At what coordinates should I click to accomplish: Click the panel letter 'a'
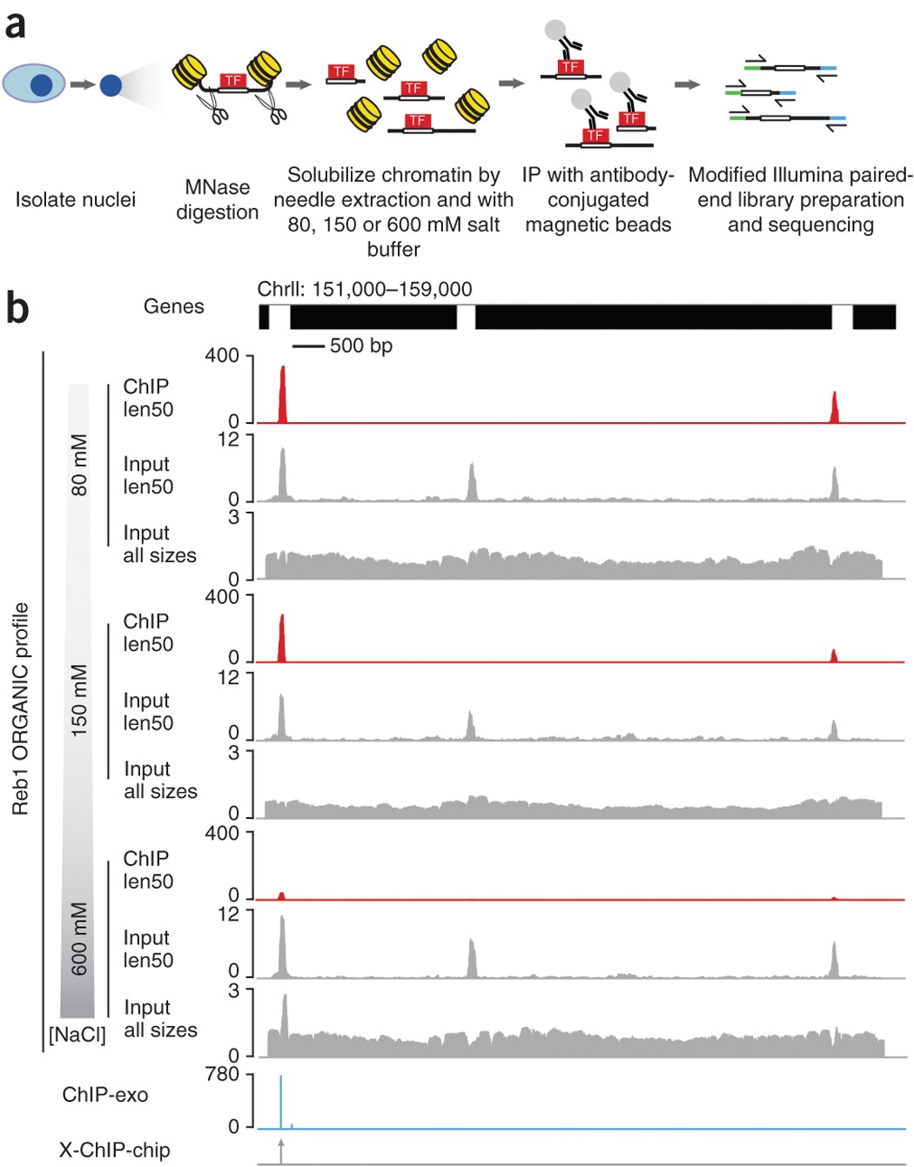tap(15, 25)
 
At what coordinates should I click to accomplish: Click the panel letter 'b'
tap(17, 308)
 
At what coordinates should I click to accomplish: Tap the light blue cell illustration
tap(34, 84)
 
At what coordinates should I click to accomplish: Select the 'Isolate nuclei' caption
tap(76, 200)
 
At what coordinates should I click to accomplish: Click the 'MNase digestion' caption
tap(218, 199)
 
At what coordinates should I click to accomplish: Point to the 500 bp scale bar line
tap(308, 346)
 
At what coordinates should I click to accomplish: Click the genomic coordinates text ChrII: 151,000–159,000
tap(365, 289)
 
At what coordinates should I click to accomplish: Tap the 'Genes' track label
tap(173, 306)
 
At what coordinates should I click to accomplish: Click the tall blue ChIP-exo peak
tap(280, 1102)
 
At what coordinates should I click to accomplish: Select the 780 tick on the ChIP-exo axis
tap(222, 1075)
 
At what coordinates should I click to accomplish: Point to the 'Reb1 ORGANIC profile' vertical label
tap(21, 708)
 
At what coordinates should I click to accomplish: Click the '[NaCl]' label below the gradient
tap(77, 1035)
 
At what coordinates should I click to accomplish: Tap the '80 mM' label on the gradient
tap(79, 465)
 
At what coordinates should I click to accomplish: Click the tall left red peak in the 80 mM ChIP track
tap(282, 396)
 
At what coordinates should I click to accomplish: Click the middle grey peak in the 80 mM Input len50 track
tap(472, 483)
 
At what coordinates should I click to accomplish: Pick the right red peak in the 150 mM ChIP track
tap(834, 655)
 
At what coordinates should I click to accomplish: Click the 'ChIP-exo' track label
tap(104, 1094)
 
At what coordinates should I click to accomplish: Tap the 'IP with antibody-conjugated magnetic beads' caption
tap(598, 200)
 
